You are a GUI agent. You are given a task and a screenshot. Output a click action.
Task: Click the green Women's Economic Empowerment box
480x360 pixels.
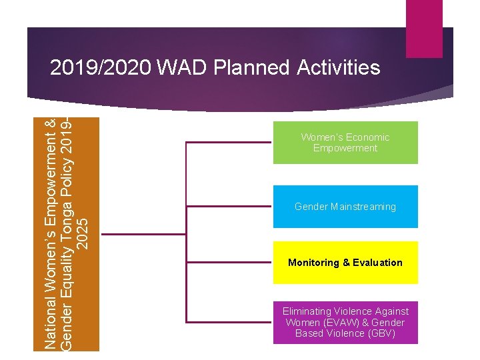(x=345, y=143)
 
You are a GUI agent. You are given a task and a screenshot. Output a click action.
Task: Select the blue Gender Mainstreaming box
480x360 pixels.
(x=345, y=207)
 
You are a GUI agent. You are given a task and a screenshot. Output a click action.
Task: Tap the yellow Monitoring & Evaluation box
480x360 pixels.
(x=345, y=263)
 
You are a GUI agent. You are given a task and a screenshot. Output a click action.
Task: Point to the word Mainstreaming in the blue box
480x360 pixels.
(x=364, y=207)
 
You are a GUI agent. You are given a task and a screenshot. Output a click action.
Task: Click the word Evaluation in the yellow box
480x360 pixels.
(x=378, y=263)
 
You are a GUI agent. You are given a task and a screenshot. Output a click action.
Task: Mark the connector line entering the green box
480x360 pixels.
(x=230, y=143)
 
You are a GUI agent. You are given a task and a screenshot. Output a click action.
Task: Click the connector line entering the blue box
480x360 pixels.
(x=230, y=207)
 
